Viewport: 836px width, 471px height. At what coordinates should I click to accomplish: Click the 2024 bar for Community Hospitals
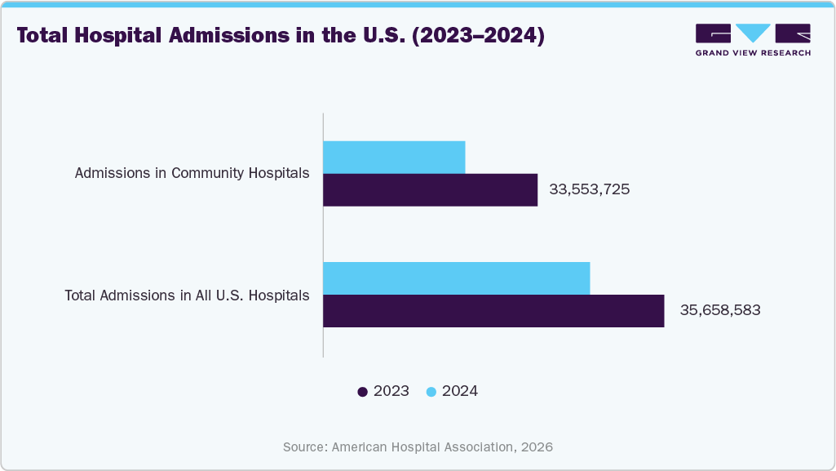pyautogui.click(x=394, y=157)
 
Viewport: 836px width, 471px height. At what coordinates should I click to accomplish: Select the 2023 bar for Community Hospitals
pyautogui.click(x=430, y=189)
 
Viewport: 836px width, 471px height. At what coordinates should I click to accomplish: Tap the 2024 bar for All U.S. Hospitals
pyautogui.click(x=456, y=278)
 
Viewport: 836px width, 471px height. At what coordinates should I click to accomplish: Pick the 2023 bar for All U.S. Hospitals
pyautogui.click(x=493, y=311)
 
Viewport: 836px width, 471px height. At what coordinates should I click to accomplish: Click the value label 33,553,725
pyautogui.click(x=590, y=189)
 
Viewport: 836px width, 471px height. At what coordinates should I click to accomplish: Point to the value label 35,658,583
pyautogui.click(x=720, y=311)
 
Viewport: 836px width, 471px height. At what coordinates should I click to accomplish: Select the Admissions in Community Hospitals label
pyautogui.click(x=192, y=173)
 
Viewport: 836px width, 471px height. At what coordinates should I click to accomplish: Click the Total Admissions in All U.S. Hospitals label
pyautogui.click(x=187, y=295)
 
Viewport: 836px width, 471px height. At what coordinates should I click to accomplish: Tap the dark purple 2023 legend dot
pyautogui.click(x=362, y=392)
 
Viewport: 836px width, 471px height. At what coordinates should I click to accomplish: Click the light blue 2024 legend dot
pyautogui.click(x=431, y=392)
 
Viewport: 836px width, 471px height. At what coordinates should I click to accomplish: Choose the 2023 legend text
pyautogui.click(x=391, y=392)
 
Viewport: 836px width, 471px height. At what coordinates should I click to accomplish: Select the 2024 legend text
pyautogui.click(x=460, y=392)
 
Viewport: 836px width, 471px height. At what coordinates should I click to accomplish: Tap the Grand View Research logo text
pyautogui.click(x=752, y=53)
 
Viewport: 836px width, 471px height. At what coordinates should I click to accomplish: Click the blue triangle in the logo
pyautogui.click(x=753, y=33)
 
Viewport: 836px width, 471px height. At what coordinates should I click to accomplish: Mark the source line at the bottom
pyautogui.click(x=418, y=447)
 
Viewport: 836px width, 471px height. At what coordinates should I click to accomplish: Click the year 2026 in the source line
pyautogui.click(x=537, y=447)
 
